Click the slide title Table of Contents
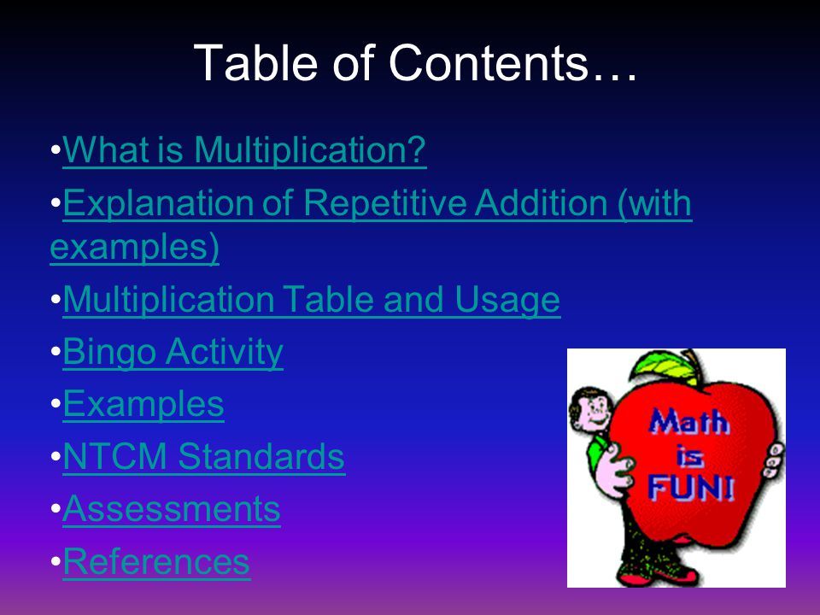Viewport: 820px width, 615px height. point(415,62)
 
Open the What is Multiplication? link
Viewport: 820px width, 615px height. point(245,150)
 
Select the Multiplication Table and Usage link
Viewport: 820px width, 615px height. point(312,300)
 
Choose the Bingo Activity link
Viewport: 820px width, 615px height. point(173,352)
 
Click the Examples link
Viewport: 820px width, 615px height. point(143,404)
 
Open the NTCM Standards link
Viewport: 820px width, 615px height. point(204,456)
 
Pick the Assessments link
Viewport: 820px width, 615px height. point(172,509)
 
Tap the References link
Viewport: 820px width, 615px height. point(156,562)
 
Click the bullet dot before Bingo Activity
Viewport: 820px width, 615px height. point(56,352)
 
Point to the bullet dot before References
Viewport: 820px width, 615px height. point(56,562)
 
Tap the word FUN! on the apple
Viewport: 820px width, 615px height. point(691,488)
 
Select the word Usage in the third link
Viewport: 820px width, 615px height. point(507,300)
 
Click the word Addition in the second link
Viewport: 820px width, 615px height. point(542,203)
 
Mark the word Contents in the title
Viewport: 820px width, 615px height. point(488,62)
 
